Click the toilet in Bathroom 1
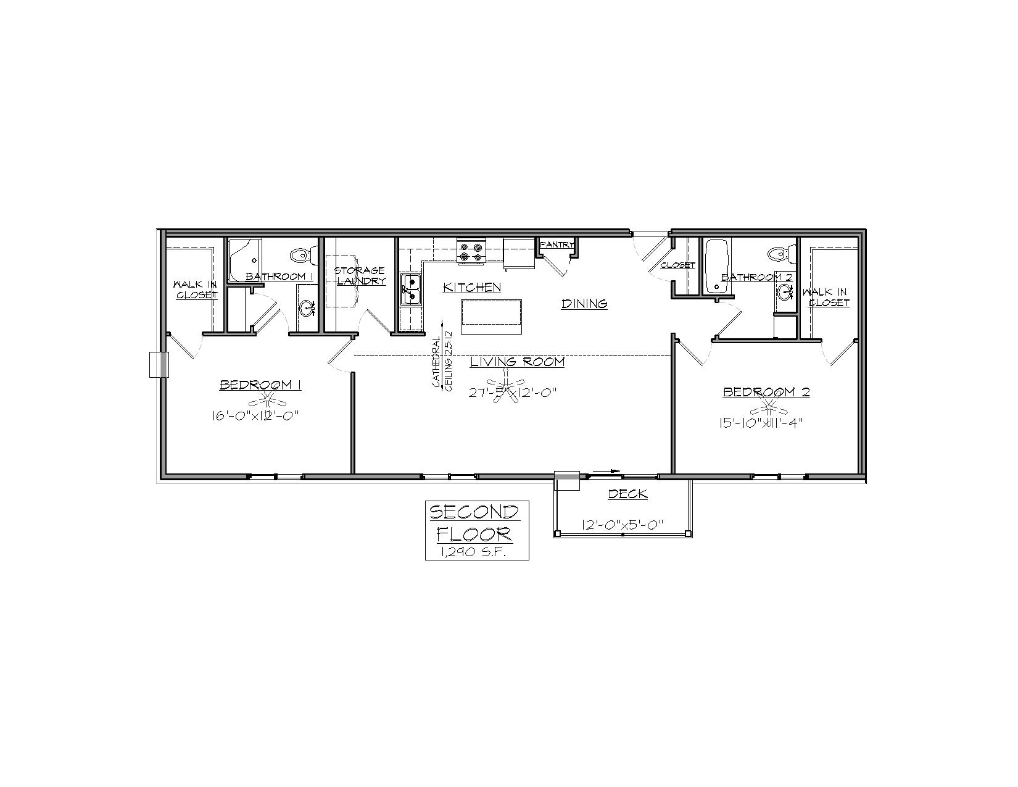(x=303, y=256)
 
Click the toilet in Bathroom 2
(x=782, y=254)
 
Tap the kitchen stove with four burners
(x=471, y=251)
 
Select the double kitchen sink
(x=411, y=289)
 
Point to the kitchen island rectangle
(x=491, y=317)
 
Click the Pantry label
(x=557, y=244)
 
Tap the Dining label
(x=584, y=304)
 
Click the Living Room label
(x=517, y=362)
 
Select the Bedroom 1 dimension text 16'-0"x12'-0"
(x=255, y=416)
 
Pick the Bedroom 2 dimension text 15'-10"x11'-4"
(x=761, y=422)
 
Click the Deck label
(x=627, y=494)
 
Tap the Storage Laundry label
(x=360, y=276)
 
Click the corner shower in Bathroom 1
(x=245, y=260)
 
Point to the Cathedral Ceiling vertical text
(x=442, y=361)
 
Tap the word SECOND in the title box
(x=474, y=512)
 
